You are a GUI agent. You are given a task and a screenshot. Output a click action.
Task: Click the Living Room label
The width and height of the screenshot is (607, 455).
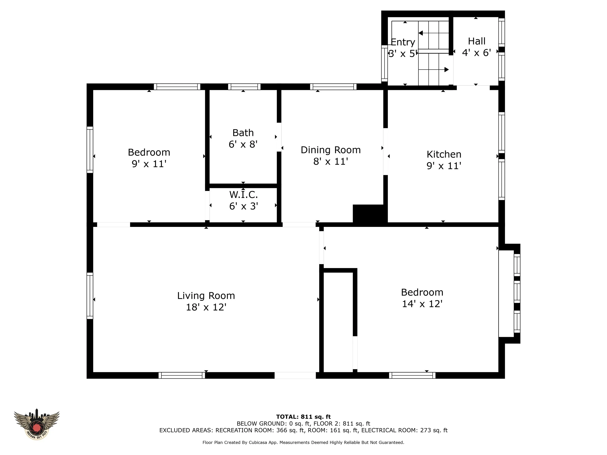206,296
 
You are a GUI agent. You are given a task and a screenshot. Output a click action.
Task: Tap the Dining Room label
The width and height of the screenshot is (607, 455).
331,150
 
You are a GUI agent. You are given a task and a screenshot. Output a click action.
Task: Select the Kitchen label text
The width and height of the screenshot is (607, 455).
444,154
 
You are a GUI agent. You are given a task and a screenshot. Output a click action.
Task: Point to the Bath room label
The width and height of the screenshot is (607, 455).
243,133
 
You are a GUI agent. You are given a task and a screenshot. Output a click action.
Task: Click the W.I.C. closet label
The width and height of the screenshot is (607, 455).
244,195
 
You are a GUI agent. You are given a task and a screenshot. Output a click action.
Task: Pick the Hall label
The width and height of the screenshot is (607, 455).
477,41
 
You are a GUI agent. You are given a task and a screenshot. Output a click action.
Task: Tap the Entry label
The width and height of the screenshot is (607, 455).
402,42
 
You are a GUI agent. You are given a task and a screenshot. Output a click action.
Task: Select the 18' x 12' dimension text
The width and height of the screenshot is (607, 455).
206,307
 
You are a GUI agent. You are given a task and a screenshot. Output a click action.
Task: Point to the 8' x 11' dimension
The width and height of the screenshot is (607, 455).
331,162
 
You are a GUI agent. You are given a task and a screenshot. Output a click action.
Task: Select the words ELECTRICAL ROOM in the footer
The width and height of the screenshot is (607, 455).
389,430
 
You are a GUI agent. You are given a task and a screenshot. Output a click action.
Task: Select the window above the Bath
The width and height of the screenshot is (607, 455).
244,87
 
